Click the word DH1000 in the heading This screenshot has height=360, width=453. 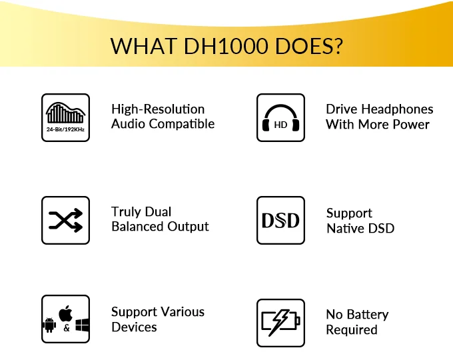[x=226, y=46]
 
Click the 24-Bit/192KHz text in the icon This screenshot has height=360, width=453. [x=65, y=129]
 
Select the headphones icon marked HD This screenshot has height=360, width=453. [x=281, y=118]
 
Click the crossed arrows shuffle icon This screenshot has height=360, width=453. [x=66, y=221]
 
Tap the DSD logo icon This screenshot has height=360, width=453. [x=280, y=221]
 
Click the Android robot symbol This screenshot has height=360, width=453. [x=49, y=325]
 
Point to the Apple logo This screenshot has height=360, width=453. [x=65, y=313]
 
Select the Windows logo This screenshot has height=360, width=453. [x=82, y=325]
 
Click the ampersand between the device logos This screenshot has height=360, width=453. [x=67, y=328]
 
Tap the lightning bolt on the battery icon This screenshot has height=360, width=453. [x=279, y=323]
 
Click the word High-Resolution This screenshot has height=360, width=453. [x=158, y=109]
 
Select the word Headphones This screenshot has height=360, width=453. [x=398, y=109]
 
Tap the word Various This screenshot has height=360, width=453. [x=183, y=312]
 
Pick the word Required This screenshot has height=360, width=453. [x=352, y=330]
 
